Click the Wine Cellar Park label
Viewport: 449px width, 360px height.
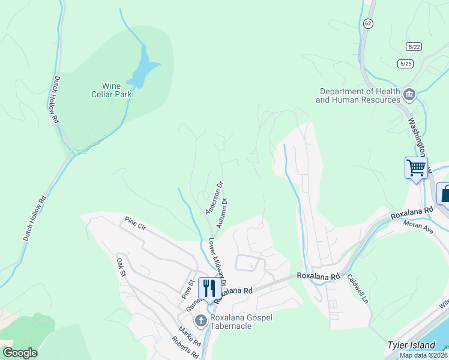[x=111, y=90]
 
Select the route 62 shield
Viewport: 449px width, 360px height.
[x=368, y=23]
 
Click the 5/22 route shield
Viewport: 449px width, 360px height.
[x=413, y=46]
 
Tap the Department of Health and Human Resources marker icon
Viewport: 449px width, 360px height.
[x=410, y=94]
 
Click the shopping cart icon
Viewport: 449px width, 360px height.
[x=416, y=167]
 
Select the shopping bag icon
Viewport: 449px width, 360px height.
[x=445, y=194]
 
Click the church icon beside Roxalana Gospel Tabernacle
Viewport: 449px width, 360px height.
[x=200, y=321]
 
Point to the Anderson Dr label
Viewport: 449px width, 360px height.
[x=214, y=198]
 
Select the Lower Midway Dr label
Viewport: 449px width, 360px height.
[x=217, y=263]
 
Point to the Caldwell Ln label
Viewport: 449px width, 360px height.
[x=357, y=288]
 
